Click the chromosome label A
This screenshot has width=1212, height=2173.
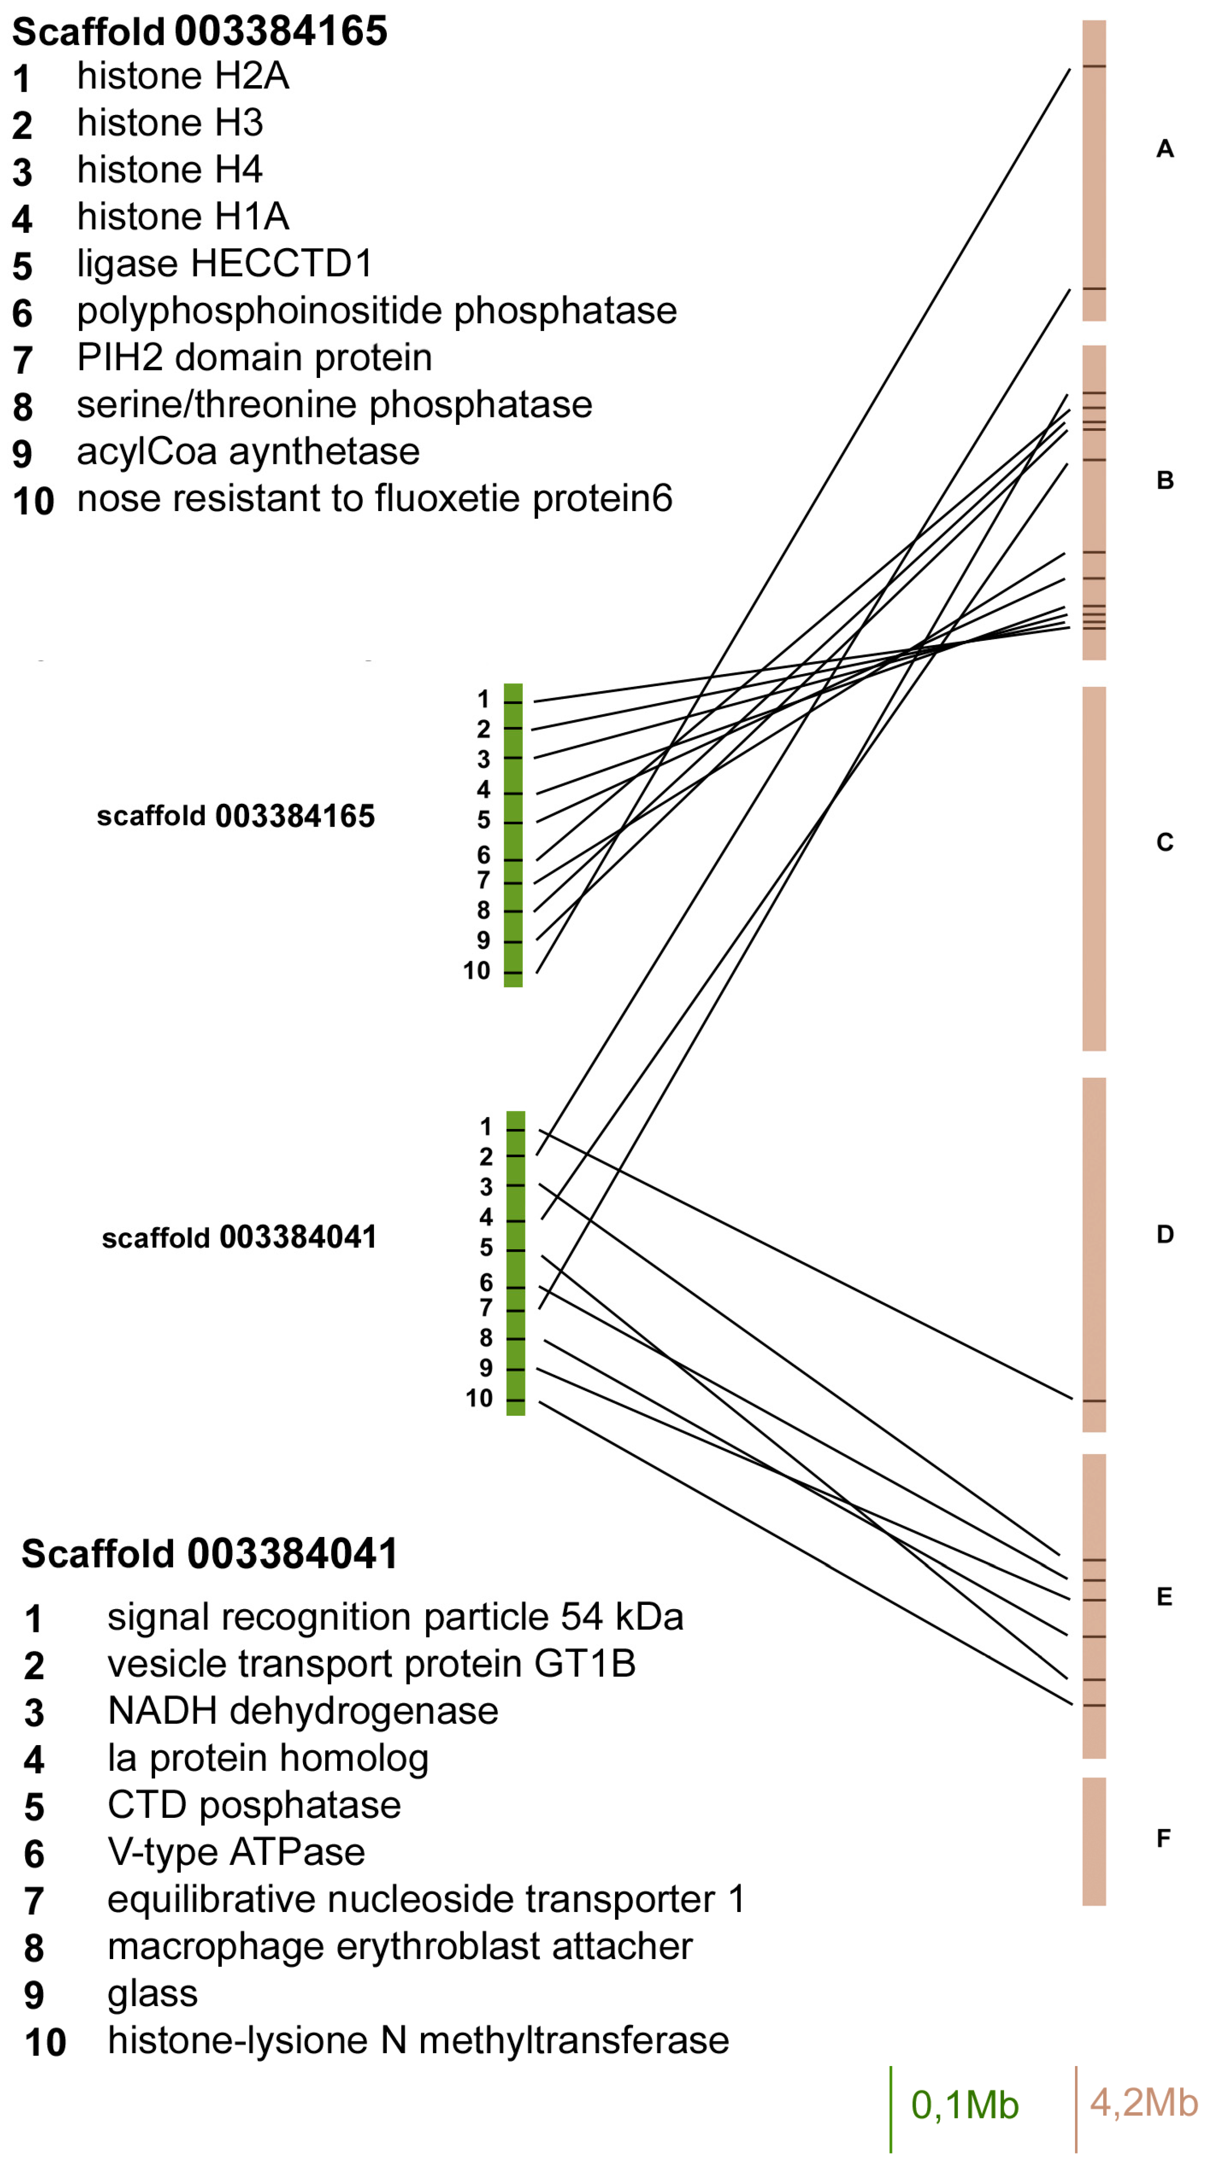tap(1165, 149)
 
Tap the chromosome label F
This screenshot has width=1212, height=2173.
tap(1163, 1838)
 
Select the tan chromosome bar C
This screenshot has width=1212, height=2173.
tap(1094, 869)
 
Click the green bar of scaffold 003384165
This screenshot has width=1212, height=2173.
tap(513, 835)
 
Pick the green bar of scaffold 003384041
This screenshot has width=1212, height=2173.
tap(516, 1263)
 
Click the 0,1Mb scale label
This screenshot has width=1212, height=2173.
tap(965, 2105)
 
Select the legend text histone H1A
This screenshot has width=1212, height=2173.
tap(183, 217)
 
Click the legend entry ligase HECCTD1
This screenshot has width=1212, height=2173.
tap(225, 264)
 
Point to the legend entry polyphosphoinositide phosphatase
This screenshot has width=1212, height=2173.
tap(376, 311)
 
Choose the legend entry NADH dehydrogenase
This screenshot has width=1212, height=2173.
tap(303, 1711)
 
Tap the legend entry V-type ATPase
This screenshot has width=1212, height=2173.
tap(236, 1853)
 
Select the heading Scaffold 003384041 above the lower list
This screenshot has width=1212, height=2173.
tap(209, 1554)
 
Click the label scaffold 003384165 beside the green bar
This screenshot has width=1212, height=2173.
tap(235, 817)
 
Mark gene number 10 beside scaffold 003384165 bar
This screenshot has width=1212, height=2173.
tap(476, 971)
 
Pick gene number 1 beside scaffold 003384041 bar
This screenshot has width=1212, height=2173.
tap(485, 1127)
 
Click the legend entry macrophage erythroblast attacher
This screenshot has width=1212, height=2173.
tap(400, 1947)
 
